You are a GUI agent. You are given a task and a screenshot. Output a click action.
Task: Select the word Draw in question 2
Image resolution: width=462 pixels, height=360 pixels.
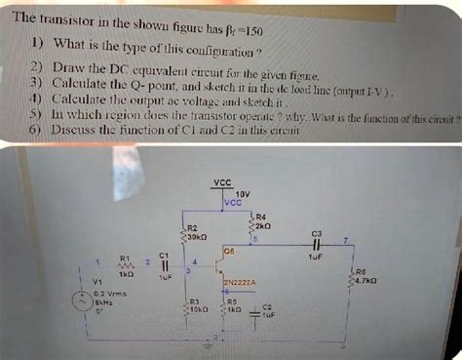tap(72, 72)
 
